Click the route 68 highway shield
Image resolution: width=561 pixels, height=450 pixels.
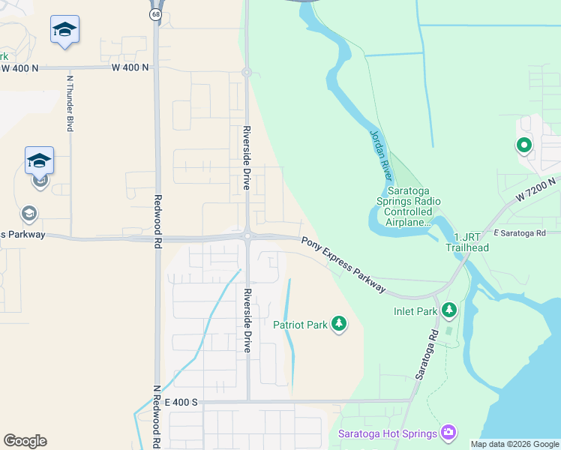154,15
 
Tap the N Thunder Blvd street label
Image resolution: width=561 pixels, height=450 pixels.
70,103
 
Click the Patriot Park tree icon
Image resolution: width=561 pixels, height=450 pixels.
340,324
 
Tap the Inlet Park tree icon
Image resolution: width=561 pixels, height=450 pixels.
449,309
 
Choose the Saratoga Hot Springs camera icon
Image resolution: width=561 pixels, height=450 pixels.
448,432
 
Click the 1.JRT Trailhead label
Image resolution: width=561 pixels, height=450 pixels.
467,243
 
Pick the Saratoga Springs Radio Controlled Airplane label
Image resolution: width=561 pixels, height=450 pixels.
409,211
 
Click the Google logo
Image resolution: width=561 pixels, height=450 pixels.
25,441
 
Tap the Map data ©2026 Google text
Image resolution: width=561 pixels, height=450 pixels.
514,444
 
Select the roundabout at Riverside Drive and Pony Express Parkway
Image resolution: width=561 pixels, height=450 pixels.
247,236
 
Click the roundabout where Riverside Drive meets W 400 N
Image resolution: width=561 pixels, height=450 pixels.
246,72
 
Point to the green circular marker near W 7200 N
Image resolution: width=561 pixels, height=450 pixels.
523,145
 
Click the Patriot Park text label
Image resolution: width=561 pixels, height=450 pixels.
300,325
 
